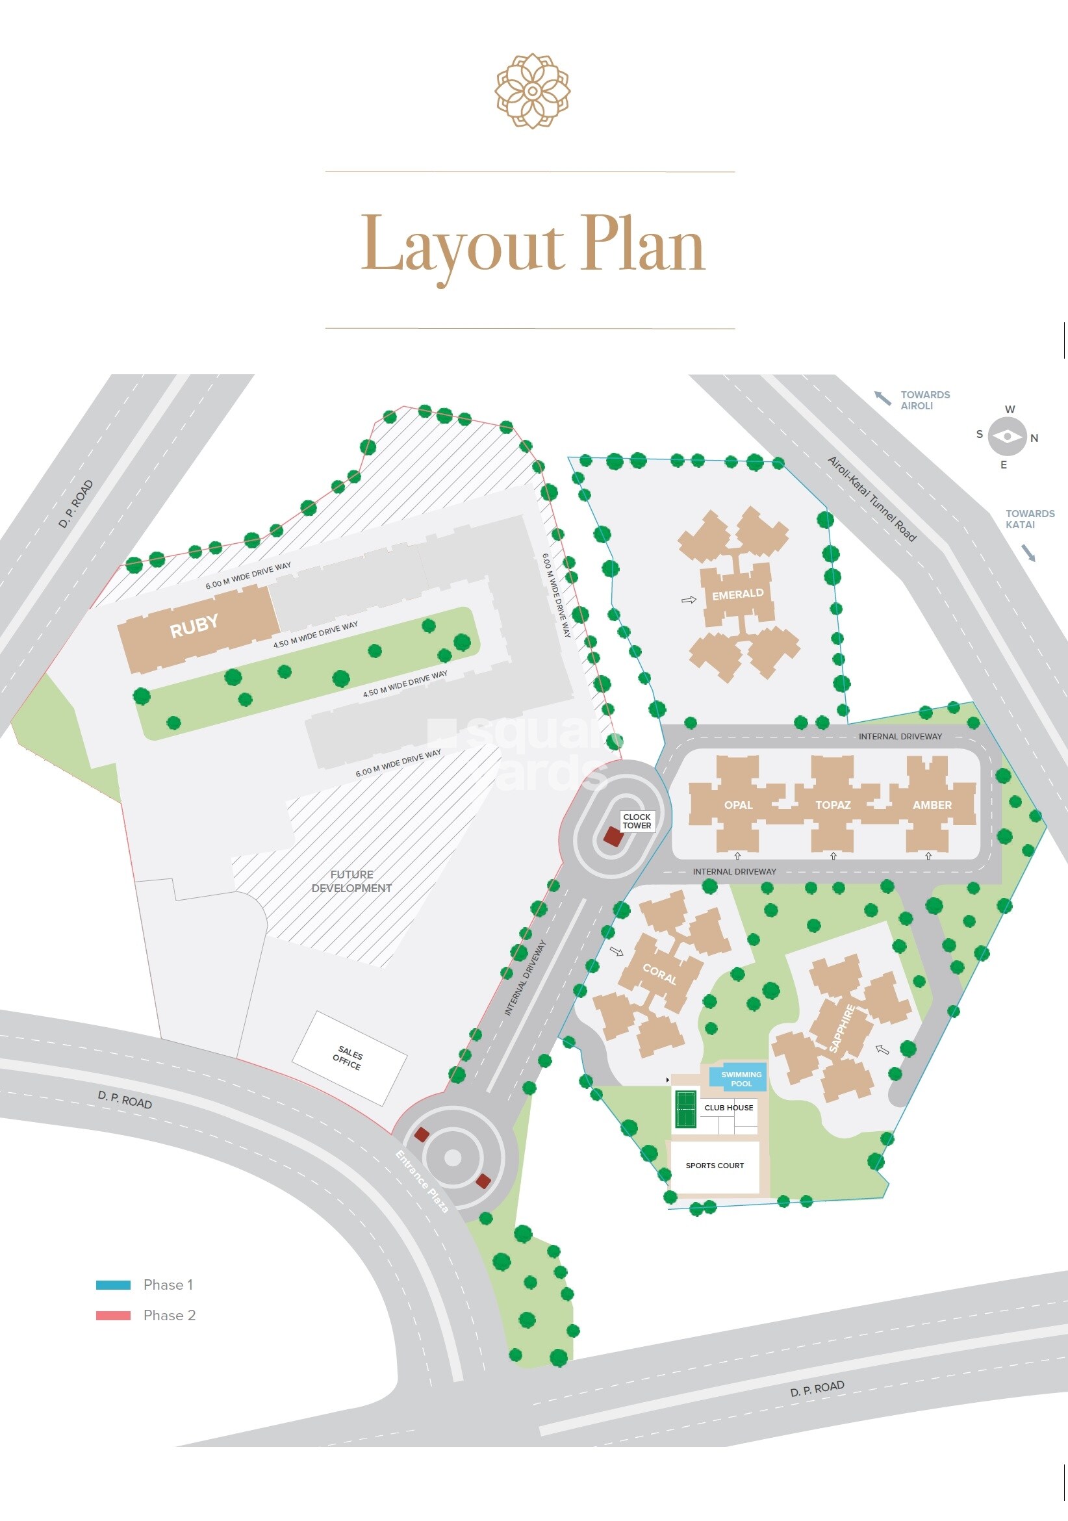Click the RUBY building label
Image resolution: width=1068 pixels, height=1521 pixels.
(194, 626)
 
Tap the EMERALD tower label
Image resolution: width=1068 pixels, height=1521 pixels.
(737, 594)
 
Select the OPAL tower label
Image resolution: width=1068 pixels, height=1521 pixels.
(738, 805)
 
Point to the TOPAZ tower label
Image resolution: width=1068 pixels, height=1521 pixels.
(833, 805)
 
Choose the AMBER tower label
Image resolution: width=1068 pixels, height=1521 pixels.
(932, 805)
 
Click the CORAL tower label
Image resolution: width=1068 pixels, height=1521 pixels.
(659, 974)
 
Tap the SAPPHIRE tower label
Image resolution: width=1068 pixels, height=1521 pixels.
(841, 1028)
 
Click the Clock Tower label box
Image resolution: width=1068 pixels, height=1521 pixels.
(637, 821)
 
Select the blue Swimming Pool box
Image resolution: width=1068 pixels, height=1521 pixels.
(740, 1079)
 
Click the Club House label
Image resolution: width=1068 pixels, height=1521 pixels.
(728, 1108)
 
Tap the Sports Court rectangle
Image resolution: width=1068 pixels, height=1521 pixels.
(714, 1165)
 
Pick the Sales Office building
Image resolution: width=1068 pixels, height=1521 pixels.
(349, 1058)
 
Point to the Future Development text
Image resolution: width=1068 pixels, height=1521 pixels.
(351, 881)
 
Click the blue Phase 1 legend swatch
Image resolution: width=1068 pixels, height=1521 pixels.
(113, 1285)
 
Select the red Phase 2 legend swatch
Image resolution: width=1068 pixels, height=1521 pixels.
(113, 1316)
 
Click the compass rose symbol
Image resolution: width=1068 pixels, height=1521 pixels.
(1007, 437)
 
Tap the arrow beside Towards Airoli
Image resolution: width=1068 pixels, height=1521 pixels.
(882, 398)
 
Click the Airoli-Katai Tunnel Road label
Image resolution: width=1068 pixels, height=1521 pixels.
(871, 499)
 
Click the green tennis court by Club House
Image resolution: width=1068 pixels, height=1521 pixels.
(686, 1108)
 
